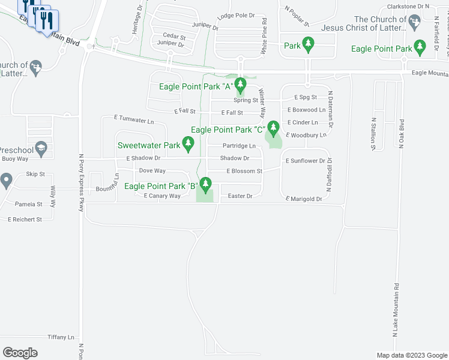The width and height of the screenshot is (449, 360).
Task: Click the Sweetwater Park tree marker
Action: (188, 143)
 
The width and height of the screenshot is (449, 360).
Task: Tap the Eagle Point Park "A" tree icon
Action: (240, 84)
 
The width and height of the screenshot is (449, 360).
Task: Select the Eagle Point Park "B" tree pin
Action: (206, 184)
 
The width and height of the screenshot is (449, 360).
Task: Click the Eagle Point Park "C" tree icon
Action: (274, 127)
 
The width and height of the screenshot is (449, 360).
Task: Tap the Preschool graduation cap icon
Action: (41, 148)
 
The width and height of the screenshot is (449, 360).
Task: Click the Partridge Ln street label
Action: (239, 146)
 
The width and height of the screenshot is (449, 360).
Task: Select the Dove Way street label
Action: (152, 171)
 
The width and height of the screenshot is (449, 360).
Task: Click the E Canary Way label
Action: (162, 196)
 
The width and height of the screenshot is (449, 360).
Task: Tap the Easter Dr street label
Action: (240, 196)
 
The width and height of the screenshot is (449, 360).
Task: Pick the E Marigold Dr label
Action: (304, 199)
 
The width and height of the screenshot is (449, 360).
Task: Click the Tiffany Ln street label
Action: (61, 337)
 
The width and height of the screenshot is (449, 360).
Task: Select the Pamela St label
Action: (29, 205)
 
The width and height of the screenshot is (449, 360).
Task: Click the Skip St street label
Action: (35, 174)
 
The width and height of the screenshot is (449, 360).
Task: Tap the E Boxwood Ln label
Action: (306, 110)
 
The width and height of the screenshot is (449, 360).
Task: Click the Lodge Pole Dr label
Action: (236, 16)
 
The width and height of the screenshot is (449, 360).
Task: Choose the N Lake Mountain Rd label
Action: (396, 309)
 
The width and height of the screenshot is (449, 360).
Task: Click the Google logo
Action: (20, 353)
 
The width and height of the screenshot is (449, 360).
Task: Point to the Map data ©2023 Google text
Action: (411, 355)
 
